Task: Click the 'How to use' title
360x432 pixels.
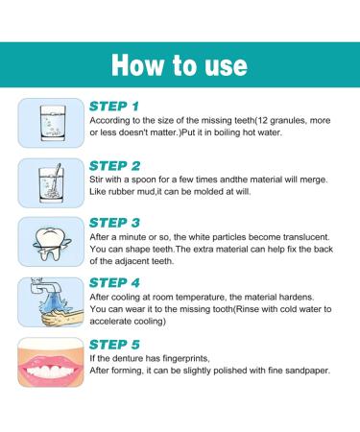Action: (180, 64)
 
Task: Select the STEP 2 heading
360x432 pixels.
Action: (115, 165)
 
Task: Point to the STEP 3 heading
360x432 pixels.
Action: (115, 223)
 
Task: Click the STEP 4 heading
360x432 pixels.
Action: (115, 282)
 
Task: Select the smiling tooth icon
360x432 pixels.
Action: (43, 242)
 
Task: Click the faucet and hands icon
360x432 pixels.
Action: (43, 301)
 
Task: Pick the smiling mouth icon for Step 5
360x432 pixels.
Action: (43, 362)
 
